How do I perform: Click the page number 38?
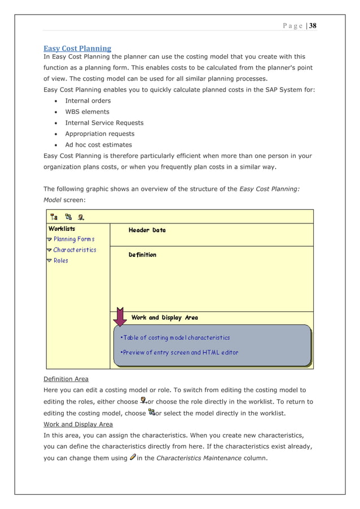(313, 25)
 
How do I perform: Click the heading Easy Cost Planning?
(77, 49)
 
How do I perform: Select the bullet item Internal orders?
(88, 101)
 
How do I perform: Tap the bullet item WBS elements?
(87, 112)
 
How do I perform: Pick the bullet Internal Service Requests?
(104, 122)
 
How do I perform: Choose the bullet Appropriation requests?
(100, 134)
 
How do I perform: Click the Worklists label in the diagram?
(62, 229)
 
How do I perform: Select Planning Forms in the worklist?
(74, 239)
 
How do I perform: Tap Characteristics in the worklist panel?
(74, 250)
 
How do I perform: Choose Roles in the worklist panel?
(60, 261)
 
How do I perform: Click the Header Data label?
(147, 230)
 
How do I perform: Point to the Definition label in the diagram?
(142, 255)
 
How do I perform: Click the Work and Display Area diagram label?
(164, 318)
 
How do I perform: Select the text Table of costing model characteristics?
(175, 337)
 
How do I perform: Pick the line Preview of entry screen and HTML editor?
(179, 353)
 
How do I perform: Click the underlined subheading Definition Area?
(66, 379)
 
